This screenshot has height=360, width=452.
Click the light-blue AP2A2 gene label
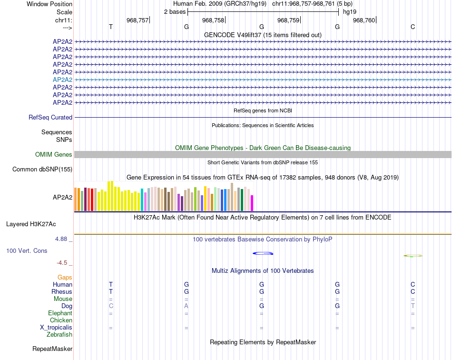62,80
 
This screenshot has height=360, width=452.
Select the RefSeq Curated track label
50,117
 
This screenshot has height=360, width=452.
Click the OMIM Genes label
54,154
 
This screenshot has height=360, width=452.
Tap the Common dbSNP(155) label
42,169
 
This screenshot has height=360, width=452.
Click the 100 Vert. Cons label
27,250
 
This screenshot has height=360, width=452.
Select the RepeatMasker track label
52,349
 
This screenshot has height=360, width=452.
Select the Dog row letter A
187,306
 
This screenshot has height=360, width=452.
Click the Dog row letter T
413,306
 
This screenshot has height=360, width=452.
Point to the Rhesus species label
62,291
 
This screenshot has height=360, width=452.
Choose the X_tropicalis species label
56,328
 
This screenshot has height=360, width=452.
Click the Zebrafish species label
59,335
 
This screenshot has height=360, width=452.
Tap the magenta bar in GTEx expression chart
252,203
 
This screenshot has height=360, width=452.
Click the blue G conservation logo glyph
262,253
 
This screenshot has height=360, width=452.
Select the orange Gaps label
65,277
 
